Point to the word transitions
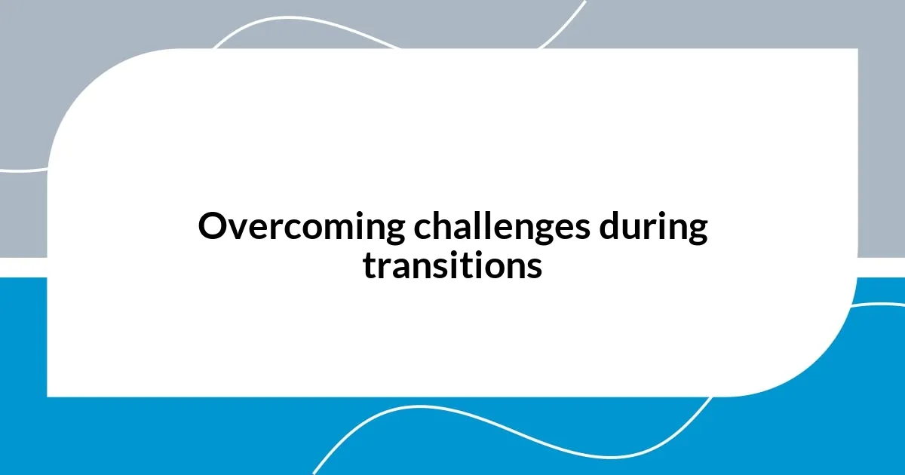tap(452, 265)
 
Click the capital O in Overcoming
tap(212, 228)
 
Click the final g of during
tap(697, 232)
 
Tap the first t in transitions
tap(369, 265)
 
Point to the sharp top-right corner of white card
tap(857, 50)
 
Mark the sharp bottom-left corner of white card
tap(48, 395)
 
